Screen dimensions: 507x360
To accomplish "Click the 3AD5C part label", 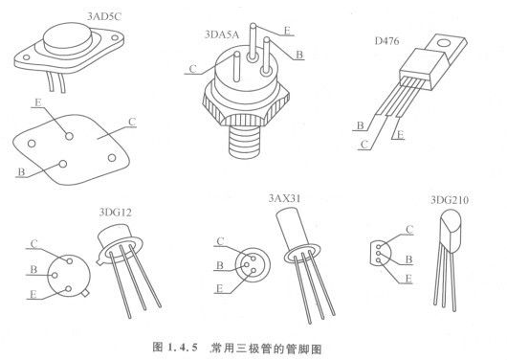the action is [104, 16].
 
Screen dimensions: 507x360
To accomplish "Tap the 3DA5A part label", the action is [222, 34].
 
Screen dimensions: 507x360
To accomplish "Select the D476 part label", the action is [386, 41].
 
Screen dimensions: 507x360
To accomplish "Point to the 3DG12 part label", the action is [116, 213].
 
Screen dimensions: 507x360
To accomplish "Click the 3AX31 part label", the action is [284, 198].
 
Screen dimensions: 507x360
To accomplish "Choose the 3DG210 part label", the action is [450, 200].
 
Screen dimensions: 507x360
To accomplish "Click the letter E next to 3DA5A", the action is [287, 31].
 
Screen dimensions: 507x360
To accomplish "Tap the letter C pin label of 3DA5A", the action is [192, 69].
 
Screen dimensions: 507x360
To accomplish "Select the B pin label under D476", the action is [361, 125].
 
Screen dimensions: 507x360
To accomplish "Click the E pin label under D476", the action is [400, 134].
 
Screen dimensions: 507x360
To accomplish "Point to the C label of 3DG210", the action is [409, 230].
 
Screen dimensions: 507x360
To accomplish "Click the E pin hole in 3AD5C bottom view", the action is [69, 136].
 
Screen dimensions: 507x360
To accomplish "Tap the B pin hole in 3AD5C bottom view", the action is [63, 164].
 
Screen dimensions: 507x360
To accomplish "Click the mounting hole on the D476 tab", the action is [444, 43].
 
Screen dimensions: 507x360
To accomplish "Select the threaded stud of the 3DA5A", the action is [244, 142].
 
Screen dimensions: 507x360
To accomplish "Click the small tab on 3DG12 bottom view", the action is [85, 293].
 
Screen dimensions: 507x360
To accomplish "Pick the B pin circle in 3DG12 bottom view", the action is [55, 276].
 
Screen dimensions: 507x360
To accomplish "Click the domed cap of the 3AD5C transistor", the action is [68, 38].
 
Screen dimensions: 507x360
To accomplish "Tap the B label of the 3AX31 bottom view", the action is [220, 265].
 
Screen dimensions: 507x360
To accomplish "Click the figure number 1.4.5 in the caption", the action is [183, 348].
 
